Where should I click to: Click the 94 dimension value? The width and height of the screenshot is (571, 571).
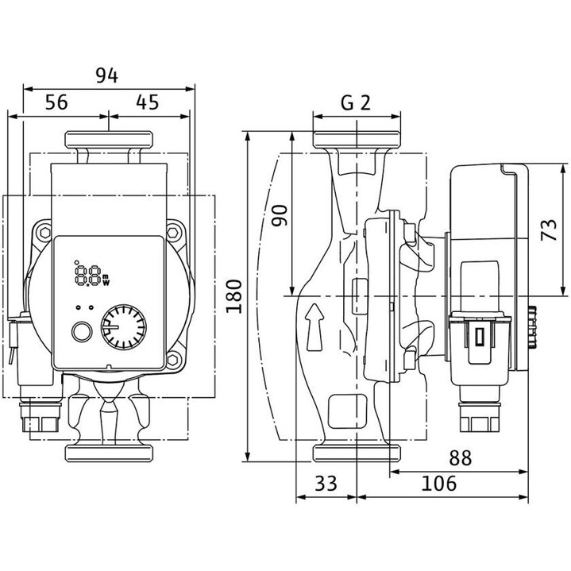(x=106, y=75)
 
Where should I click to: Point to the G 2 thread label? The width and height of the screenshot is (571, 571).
(x=355, y=102)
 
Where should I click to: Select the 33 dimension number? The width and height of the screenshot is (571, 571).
(x=326, y=482)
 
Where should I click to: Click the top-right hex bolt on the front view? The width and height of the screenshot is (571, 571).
(x=175, y=231)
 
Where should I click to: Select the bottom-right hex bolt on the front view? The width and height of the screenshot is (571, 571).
(x=175, y=366)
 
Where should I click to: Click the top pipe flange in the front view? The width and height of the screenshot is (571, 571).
(x=107, y=141)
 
